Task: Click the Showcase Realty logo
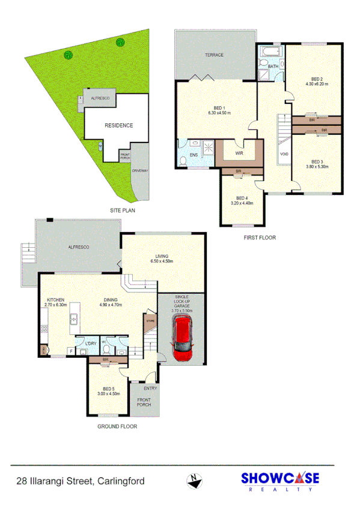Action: click(x=279, y=482)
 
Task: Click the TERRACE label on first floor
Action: click(x=213, y=55)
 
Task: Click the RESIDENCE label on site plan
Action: click(x=118, y=126)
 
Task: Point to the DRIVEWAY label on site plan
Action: click(x=140, y=170)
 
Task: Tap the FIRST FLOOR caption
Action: click(x=259, y=238)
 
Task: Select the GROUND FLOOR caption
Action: click(x=117, y=426)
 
